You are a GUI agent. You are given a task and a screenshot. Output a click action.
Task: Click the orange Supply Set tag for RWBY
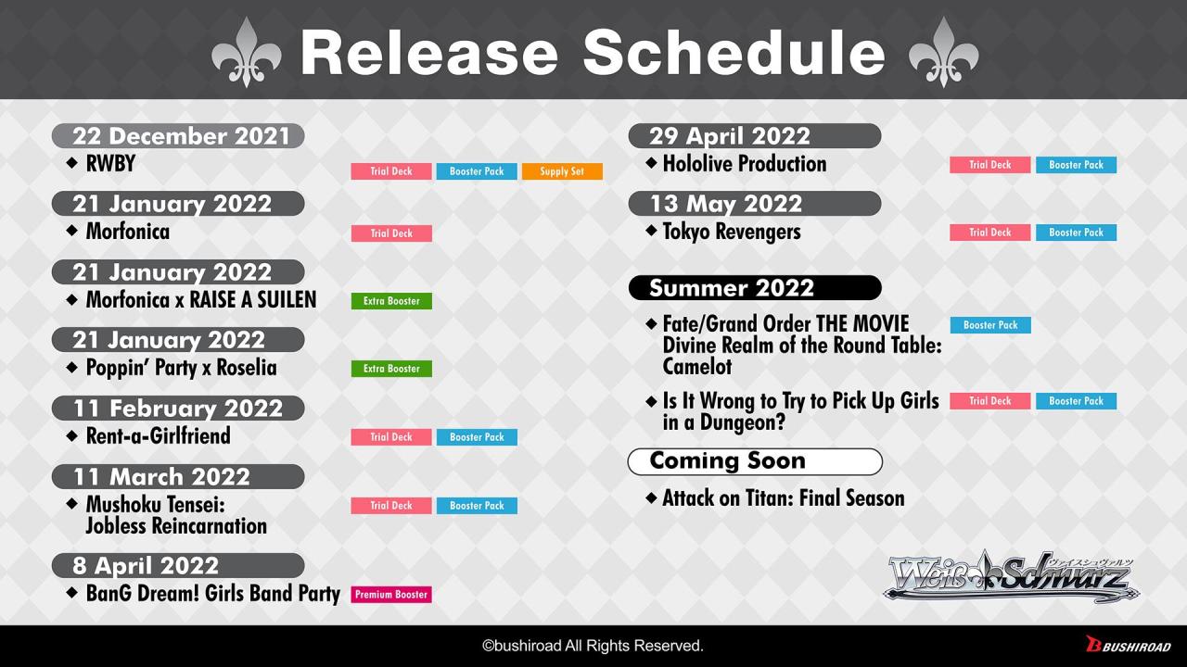[562, 171]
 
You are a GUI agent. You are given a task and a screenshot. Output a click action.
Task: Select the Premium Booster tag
[391, 595]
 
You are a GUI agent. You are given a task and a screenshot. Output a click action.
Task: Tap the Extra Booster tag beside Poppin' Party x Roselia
[391, 369]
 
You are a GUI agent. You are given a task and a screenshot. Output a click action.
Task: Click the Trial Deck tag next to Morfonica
[391, 233]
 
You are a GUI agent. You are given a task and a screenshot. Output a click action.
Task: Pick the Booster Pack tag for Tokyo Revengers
[1077, 233]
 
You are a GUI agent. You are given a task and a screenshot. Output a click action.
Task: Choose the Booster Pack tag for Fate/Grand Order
[990, 325]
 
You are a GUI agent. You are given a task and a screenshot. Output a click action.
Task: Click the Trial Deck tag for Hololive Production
[989, 165]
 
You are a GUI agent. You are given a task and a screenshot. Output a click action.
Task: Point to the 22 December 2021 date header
[178, 136]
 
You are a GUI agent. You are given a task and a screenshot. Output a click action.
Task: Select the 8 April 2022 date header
[178, 565]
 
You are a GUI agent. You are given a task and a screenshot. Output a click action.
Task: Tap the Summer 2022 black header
[755, 287]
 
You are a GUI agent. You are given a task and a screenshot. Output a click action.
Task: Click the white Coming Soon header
[755, 461]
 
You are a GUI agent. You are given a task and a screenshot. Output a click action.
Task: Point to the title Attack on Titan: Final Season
[784, 498]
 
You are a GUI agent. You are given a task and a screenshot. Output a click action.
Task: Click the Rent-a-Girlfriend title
[159, 436]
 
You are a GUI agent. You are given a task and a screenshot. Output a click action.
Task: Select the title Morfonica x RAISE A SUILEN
[201, 300]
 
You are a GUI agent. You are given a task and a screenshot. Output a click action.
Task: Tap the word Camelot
[696, 366]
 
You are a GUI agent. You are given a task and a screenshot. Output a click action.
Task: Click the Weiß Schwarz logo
[1011, 577]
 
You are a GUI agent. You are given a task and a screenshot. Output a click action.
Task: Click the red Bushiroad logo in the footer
[1129, 645]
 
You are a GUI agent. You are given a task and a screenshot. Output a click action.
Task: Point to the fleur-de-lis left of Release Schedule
[247, 52]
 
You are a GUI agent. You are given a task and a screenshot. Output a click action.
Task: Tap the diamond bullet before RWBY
[72, 162]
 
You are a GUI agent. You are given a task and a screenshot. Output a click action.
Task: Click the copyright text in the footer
[593, 646]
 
